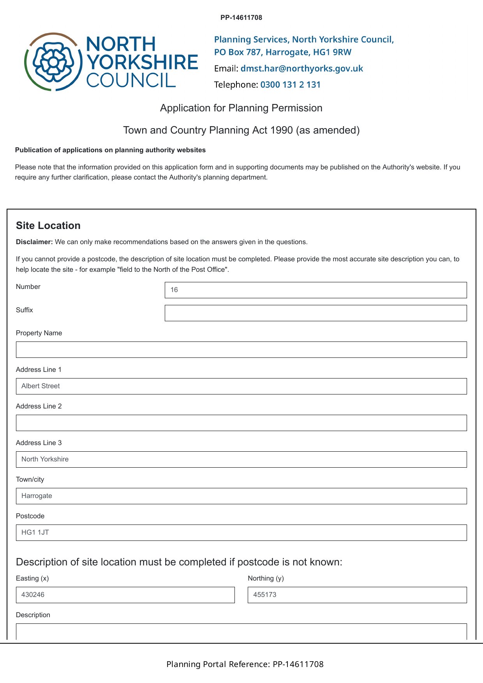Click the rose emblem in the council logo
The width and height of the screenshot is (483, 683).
[53, 62]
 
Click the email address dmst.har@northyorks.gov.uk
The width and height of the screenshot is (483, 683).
[301, 69]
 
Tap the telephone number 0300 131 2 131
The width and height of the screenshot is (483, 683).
[290, 85]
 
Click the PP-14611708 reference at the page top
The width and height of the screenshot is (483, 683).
[241, 18]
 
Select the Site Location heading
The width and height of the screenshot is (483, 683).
[48, 225]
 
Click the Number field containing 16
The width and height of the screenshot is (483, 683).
[316, 290]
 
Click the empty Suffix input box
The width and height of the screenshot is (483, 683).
[316, 313]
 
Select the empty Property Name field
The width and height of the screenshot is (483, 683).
[241, 350]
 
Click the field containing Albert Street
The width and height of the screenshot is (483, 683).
[241, 386]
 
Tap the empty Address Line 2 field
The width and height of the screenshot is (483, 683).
[241, 423]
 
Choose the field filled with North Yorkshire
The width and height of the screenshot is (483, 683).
[241, 459]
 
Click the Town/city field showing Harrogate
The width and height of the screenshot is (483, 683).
[241, 496]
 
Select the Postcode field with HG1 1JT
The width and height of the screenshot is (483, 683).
[241, 533]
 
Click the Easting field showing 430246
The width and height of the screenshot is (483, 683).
[125, 595]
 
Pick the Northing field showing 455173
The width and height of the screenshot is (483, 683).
[357, 595]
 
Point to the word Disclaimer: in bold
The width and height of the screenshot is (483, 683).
[34, 242]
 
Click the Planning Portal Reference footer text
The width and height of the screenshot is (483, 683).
[245, 664]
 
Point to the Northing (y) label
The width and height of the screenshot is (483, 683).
[266, 578]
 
